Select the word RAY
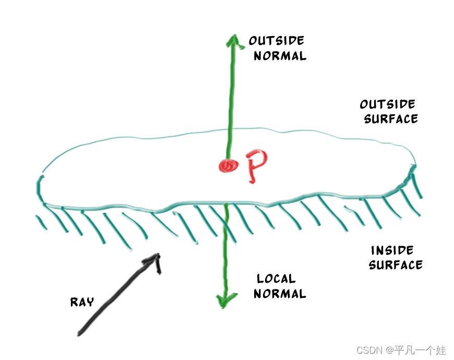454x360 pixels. click(82, 302)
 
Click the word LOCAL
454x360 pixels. click(276, 279)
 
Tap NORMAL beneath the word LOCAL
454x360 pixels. click(280, 294)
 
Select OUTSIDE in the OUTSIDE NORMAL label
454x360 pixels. click(277, 41)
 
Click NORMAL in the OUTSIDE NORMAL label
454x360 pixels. click(280, 56)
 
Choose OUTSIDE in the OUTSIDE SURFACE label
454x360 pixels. click(388, 103)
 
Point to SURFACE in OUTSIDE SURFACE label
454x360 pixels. click(390, 118)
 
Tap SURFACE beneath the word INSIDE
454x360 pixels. click(396, 265)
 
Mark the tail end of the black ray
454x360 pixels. click(80, 333)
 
